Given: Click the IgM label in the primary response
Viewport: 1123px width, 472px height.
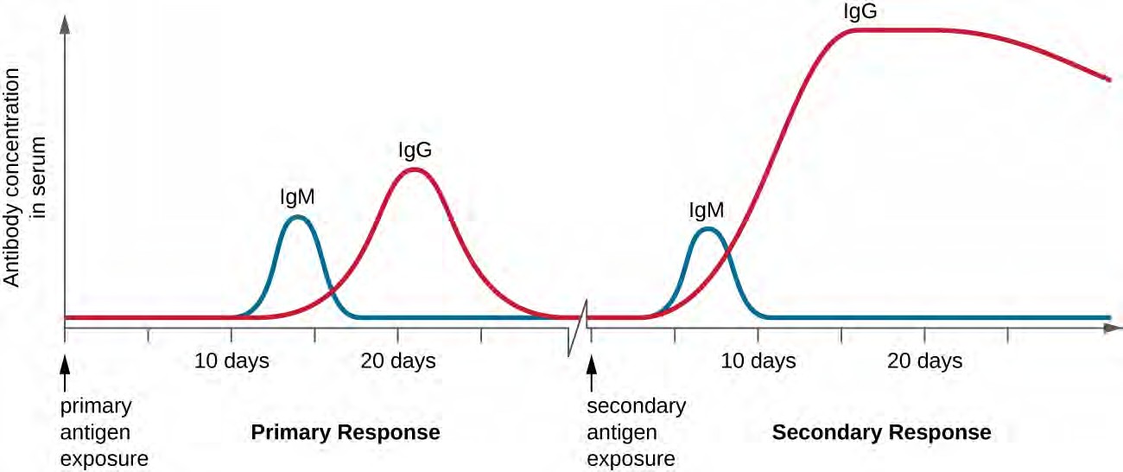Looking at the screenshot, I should coord(296,197).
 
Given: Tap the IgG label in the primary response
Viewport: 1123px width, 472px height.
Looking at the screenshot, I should coord(415,150).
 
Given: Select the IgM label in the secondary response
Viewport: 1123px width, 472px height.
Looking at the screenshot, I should coord(706,209).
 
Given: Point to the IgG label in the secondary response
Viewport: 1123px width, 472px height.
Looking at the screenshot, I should coord(860,12).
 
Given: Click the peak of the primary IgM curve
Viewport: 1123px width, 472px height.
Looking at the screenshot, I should coord(297,216).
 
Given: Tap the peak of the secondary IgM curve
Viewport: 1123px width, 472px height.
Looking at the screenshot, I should coord(707,229).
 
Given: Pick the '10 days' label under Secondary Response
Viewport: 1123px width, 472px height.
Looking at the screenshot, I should coord(758,360).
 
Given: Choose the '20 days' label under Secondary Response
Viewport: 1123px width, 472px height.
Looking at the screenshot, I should coord(924,360).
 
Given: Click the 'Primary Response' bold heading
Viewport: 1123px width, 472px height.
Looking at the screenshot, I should coord(346,431).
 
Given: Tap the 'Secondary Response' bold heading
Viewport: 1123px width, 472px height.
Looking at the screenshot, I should coord(881,431).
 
